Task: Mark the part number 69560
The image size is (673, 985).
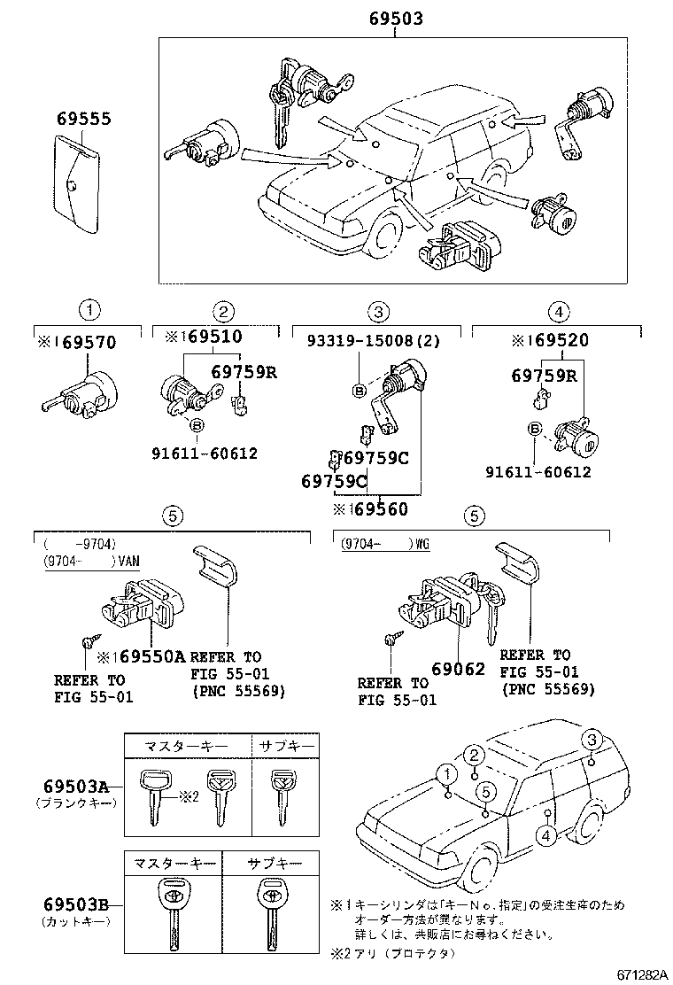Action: click(371, 509)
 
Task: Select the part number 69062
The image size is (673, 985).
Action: click(459, 669)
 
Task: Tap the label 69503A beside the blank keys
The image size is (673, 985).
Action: click(75, 787)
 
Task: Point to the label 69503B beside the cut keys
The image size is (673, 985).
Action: click(75, 904)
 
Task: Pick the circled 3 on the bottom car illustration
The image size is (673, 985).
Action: click(592, 741)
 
